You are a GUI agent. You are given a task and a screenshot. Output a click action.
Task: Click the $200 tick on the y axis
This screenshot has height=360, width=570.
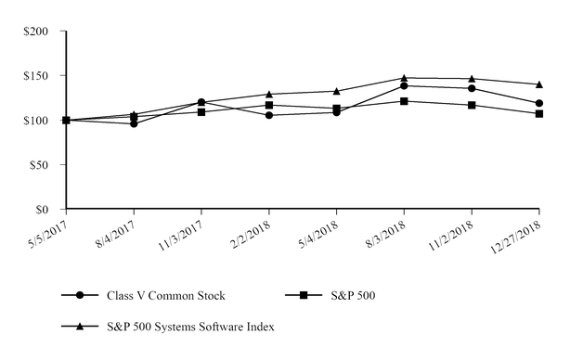(x=41, y=32)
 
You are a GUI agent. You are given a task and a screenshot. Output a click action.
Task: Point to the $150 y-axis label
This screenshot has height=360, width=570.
(x=41, y=76)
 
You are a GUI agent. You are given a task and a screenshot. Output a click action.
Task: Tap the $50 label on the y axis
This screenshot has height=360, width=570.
(x=44, y=165)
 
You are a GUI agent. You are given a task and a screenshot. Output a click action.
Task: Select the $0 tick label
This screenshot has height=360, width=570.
(x=47, y=210)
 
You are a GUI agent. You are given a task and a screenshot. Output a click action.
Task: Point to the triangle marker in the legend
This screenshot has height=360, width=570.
(x=81, y=326)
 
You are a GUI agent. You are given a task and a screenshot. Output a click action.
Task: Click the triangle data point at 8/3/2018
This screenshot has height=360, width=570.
(x=404, y=78)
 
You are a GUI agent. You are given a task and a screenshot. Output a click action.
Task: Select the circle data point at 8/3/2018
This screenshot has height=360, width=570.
(x=404, y=86)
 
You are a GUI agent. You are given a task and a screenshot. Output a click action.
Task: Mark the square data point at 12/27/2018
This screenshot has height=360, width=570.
(x=539, y=114)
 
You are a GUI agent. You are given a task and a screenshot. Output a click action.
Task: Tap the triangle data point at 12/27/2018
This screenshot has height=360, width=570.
(x=539, y=84)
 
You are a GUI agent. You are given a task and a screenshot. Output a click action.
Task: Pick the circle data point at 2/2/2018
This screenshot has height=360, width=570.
(x=269, y=115)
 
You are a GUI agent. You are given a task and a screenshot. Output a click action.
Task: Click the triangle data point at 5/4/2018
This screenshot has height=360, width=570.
(x=336, y=91)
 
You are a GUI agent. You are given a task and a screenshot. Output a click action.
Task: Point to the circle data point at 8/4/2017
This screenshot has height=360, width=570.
(x=134, y=123)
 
